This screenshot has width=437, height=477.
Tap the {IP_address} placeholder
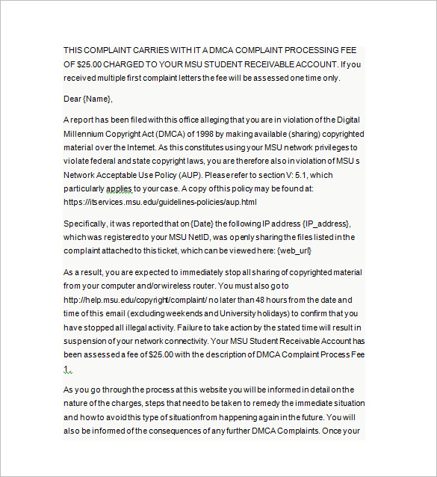pos(326,224)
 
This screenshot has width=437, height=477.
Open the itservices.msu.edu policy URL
pos(160,202)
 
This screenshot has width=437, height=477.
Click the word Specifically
pos(85,224)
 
